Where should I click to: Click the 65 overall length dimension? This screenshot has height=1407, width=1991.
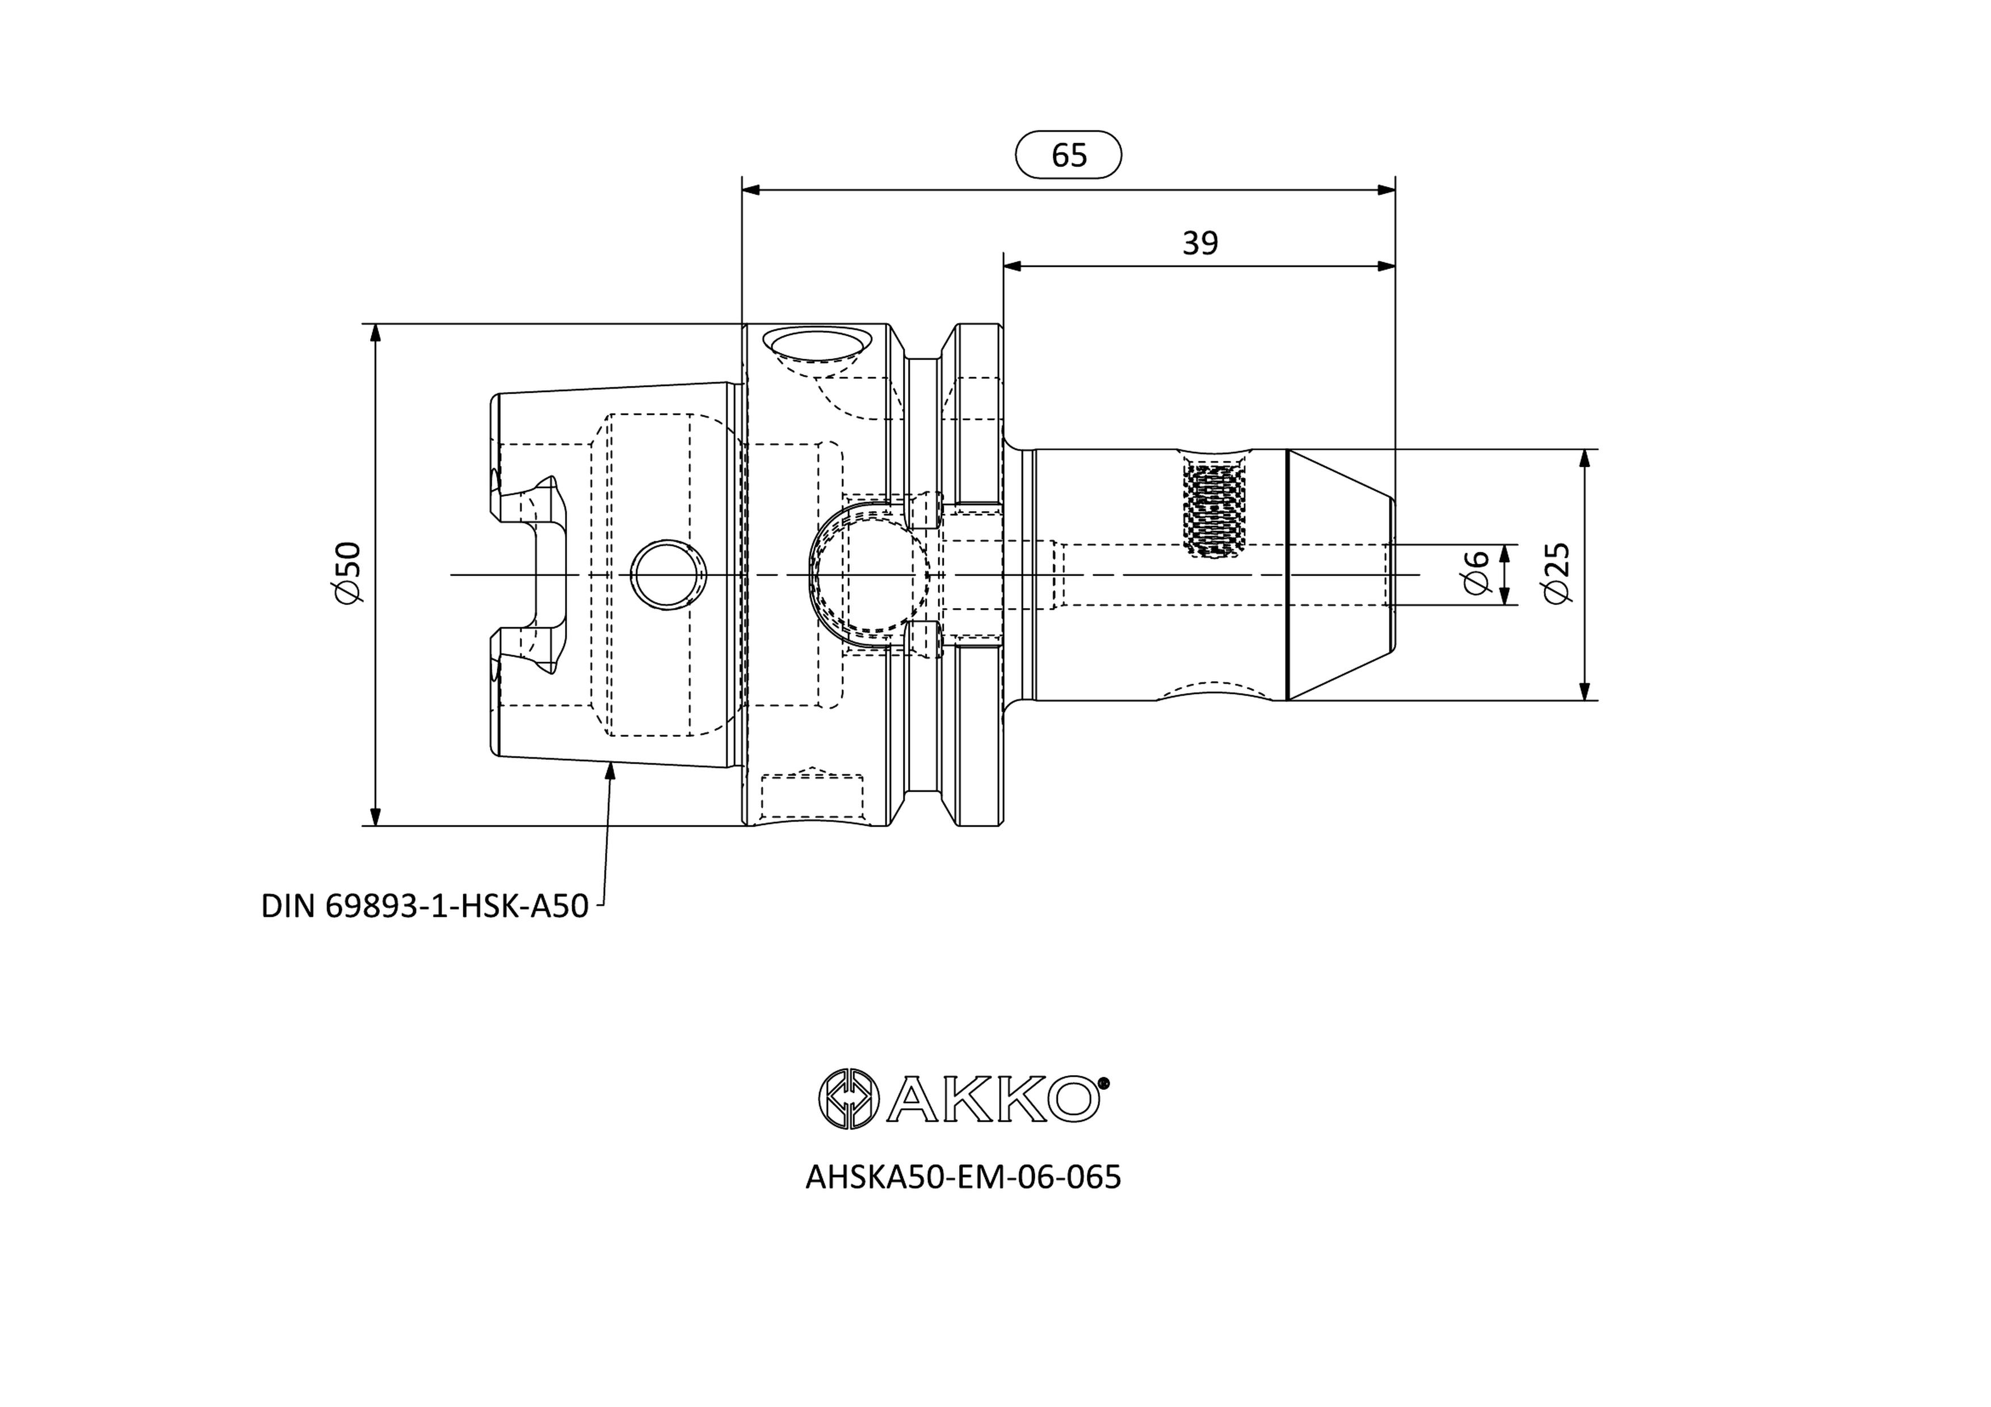(1068, 155)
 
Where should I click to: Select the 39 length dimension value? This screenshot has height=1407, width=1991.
(1200, 243)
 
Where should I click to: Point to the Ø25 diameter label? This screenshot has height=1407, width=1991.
(1557, 573)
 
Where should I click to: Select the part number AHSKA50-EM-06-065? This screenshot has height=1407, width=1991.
(963, 1177)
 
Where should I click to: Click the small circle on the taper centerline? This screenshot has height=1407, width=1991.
(667, 575)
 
